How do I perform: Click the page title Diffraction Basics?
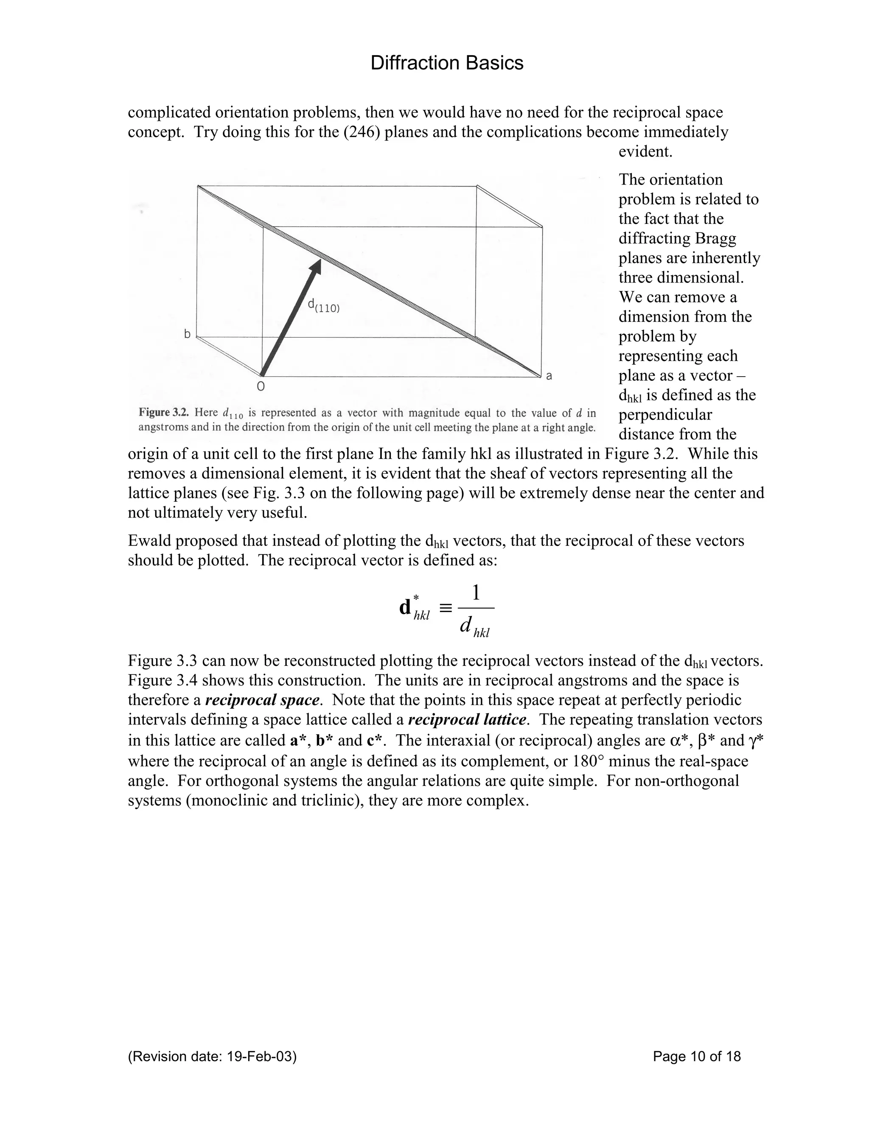click(446, 63)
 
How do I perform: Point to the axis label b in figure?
click(188, 335)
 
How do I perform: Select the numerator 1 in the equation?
click(476, 593)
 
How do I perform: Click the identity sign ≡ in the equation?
click(446, 608)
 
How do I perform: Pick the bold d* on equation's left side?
click(409, 607)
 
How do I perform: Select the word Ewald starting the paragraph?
click(149, 541)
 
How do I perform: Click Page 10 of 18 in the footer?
click(697, 1057)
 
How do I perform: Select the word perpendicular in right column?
click(665, 415)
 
